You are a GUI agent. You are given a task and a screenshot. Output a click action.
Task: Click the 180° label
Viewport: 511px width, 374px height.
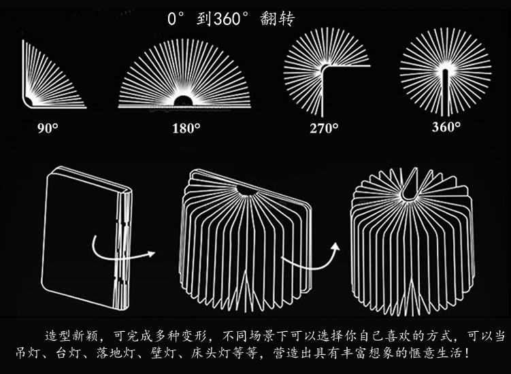(x=185, y=126)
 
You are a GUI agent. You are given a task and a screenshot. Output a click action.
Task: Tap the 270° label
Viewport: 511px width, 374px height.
(x=324, y=128)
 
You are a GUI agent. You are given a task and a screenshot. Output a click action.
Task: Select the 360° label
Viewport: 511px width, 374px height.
(x=446, y=126)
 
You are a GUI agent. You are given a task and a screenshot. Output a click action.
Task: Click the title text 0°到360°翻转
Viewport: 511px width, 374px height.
(x=231, y=19)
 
